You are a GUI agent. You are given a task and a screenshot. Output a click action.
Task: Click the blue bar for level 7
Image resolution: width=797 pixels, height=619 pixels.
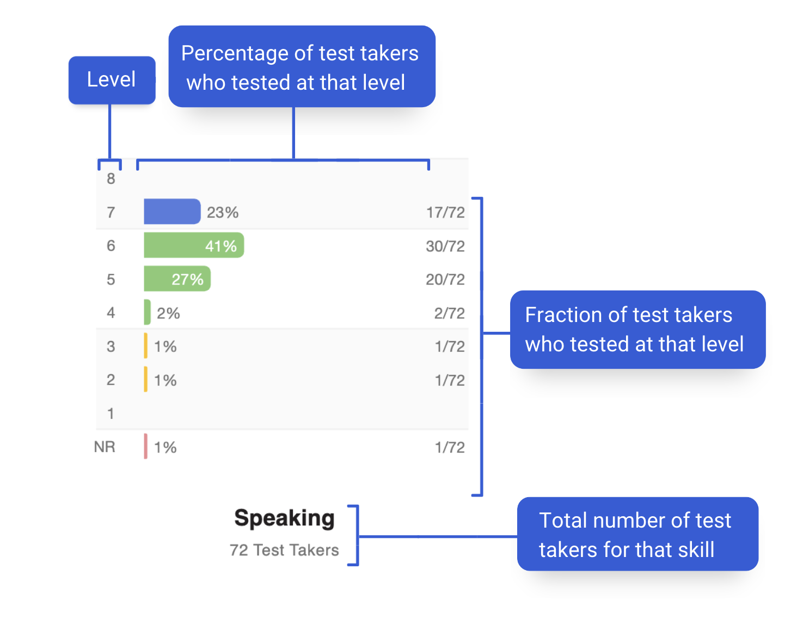pos(172,212)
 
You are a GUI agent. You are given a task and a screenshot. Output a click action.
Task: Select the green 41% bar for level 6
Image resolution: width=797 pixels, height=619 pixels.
pos(194,245)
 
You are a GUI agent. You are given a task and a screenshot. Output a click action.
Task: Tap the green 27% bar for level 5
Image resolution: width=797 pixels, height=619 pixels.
pos(177,278)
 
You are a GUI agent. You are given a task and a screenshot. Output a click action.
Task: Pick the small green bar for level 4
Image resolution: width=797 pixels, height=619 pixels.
pos(147,312)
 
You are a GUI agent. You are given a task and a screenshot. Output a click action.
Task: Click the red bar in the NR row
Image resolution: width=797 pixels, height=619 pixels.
pos(145,447)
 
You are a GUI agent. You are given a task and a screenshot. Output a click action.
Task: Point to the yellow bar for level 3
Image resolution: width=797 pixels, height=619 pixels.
pos(145,345)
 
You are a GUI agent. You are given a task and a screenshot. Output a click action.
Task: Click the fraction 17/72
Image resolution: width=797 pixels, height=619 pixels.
pos(445,213)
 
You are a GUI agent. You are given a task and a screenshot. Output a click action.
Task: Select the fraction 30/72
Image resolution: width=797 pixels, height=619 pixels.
pos(445,246)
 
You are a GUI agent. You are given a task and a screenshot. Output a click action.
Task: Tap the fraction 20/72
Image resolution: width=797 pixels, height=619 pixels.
pos(445,280)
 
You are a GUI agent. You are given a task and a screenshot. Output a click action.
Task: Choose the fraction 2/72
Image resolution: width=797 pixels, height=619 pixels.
pos(449,313)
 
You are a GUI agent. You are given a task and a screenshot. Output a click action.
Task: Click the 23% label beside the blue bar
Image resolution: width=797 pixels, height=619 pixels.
pos(223,213)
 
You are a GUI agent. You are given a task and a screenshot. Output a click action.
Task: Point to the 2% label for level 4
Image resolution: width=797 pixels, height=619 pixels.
pos(168,313)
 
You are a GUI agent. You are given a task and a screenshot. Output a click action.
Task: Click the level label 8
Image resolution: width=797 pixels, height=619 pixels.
pos(111,179)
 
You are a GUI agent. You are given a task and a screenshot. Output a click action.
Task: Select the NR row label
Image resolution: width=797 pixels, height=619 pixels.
pos(105,447)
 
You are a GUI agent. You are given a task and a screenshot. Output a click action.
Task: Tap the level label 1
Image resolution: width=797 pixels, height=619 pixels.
pos(111,414)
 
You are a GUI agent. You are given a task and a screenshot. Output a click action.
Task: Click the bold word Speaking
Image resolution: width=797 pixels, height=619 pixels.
pos(284,519)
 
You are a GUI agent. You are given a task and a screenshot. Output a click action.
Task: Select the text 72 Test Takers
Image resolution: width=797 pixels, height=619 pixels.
pos(284,550)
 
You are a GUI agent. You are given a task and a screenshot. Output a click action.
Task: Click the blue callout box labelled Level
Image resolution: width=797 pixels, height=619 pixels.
pos(112,80)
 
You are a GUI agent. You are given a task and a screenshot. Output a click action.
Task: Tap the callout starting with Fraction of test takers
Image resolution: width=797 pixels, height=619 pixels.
pos(637,330)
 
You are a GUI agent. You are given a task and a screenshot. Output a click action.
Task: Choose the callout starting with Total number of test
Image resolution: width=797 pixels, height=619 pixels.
pos(637,534)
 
